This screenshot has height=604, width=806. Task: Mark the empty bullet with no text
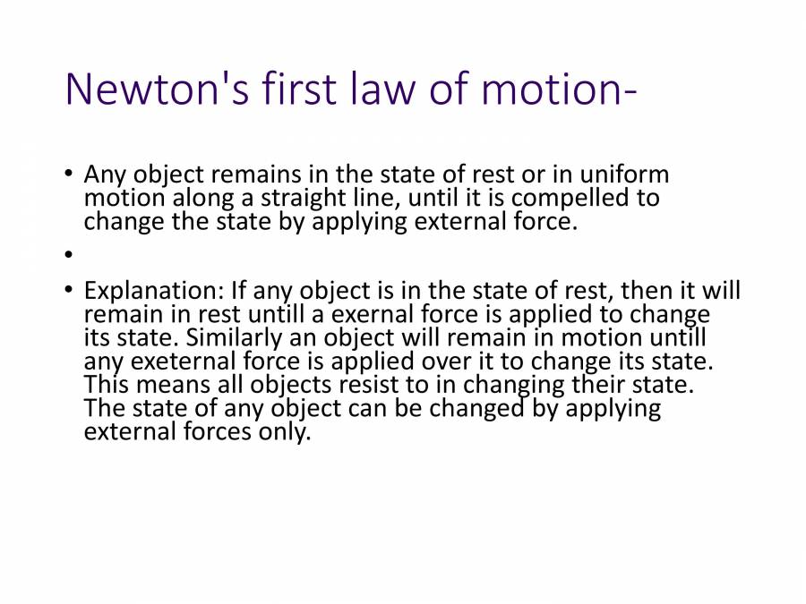(68, 255)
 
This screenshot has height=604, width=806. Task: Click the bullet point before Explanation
(68, 292)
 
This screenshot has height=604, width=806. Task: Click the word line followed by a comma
(397, 198)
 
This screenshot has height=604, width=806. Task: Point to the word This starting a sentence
(107, 385)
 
